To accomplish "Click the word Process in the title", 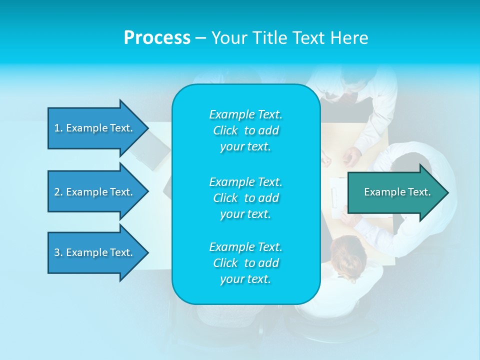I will pyautogui.click(x=157, y=37).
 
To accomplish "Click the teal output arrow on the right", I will pyautogui.click(x=395, y=192).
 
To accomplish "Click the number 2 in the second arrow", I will pyautogui.click(x=57, y=192).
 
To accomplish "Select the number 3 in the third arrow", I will pyautogui.click(x=57, y=252).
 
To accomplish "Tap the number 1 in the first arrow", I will pyautogui.click(x=56, y=128).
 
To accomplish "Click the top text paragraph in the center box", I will pyautogui.click(x=245, y=130).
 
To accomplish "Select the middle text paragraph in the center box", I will pyautogui.click(x=245, y=198).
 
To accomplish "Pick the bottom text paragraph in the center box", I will pyautogui.click(x=245, y=263).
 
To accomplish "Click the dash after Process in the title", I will pyautogui.click(x=200, y=38).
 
